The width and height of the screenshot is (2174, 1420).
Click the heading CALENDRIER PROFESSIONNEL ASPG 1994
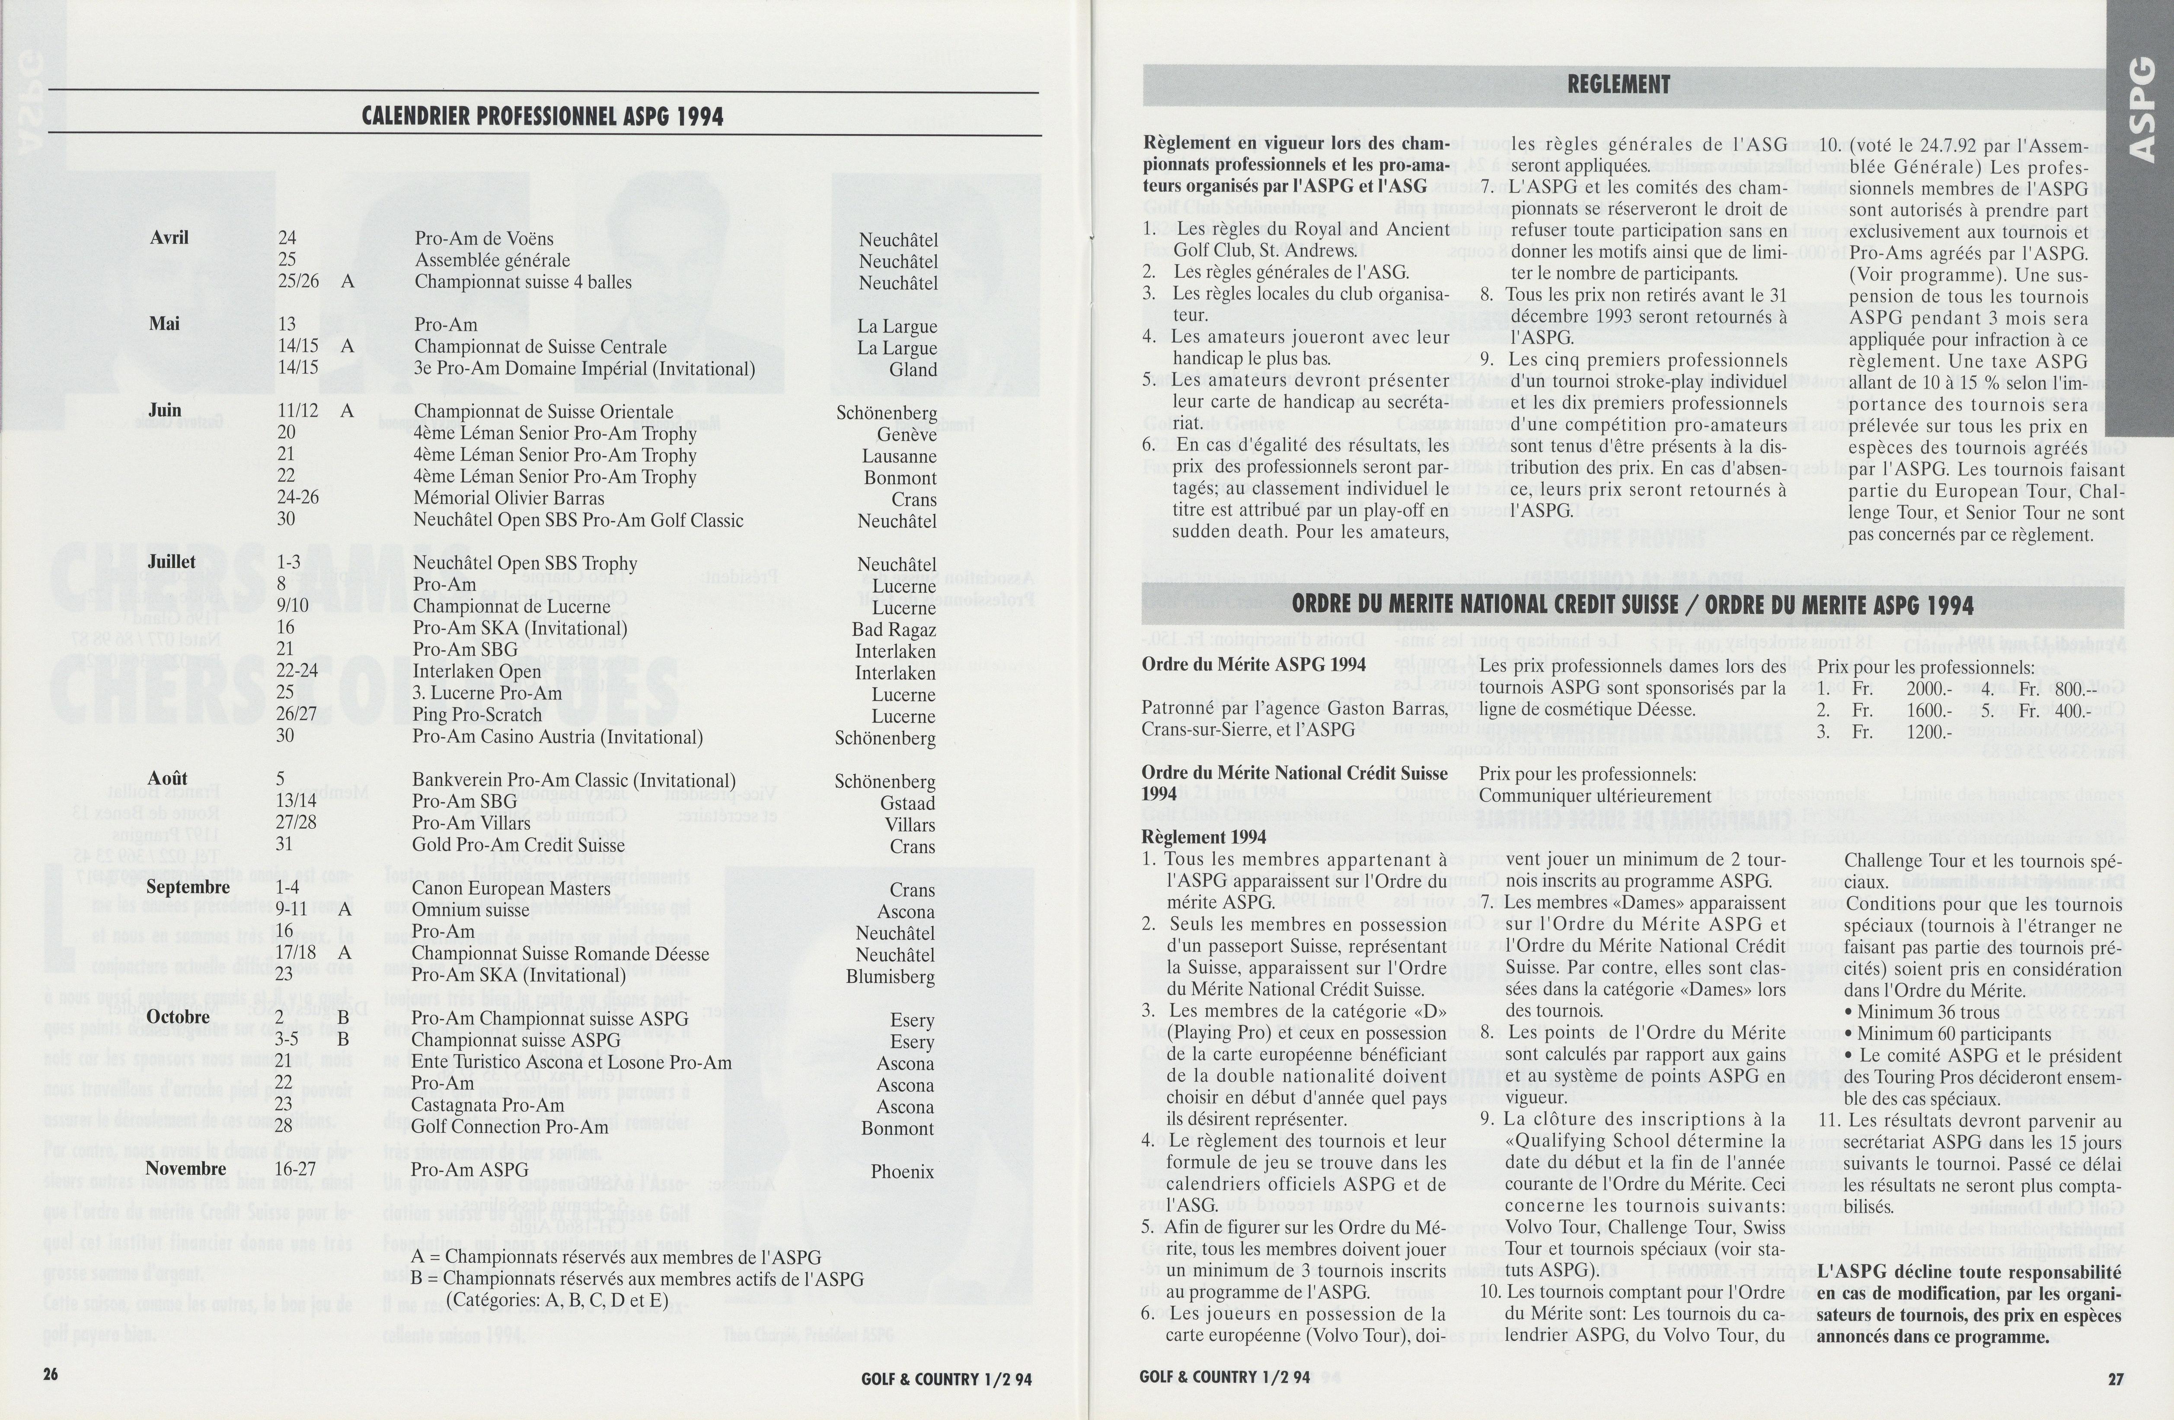point(543,117)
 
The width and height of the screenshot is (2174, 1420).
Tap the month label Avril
point(169,237)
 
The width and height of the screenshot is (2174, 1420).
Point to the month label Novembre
point(185,1169)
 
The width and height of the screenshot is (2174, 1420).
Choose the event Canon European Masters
point(511,888)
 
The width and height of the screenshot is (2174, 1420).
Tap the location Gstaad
point(907,803)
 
